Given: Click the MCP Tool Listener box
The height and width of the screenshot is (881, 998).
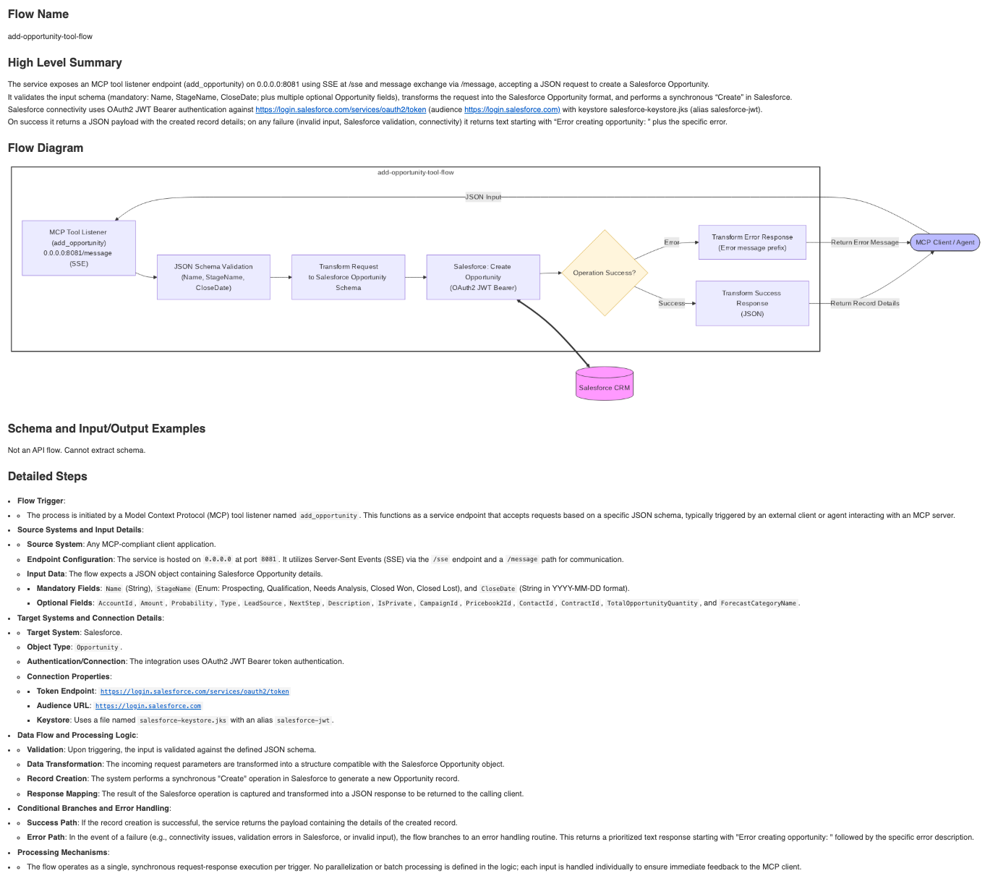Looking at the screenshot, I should coord(79,248).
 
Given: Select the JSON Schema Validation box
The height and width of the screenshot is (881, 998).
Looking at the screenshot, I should coord(213,277).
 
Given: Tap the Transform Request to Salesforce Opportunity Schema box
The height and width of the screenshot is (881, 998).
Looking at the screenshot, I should coord(348,277).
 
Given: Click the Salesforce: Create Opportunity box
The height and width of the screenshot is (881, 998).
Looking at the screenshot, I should coord(483,277).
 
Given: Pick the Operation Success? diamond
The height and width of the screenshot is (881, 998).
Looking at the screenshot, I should coord(604,273).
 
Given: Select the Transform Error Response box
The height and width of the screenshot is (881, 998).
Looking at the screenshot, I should coord(752,242).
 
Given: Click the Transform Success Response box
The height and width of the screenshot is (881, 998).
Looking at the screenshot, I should coord(752,303).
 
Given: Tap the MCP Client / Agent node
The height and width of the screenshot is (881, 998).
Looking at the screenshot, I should coord(944,242).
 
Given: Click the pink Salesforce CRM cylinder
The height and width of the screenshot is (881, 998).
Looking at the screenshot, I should coord(604,384).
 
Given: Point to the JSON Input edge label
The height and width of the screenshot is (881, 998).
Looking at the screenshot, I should coord(483,197).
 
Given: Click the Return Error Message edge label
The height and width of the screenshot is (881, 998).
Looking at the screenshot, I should coord(864,242).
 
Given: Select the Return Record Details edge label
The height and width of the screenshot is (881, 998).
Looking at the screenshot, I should coord(864,303).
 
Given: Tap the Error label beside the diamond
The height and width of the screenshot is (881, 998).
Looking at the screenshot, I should coord(672,242).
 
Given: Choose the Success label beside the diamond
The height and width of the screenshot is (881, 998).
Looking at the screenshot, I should coord(671,303).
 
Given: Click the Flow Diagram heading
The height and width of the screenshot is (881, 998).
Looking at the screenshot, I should coord(46,148).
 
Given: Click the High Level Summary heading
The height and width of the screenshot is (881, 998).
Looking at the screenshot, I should coord(65,63).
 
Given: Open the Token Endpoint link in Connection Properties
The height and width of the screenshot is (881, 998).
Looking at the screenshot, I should coord(195,691).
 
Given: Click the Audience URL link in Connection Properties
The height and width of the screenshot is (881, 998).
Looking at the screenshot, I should coord(148,706).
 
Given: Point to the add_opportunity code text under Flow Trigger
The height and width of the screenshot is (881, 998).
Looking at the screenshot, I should coord(329,516).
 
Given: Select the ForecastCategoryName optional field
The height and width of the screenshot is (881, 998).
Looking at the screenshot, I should coord(759,603).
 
